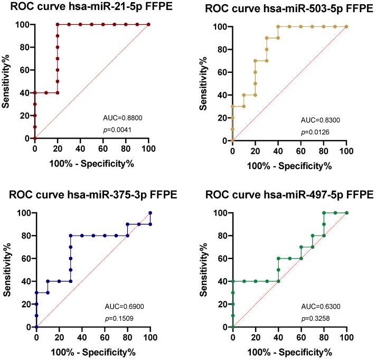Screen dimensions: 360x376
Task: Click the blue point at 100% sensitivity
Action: point(151,213)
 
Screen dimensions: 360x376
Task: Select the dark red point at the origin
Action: point(35,138)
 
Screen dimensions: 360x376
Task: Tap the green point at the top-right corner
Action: point(346,213)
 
